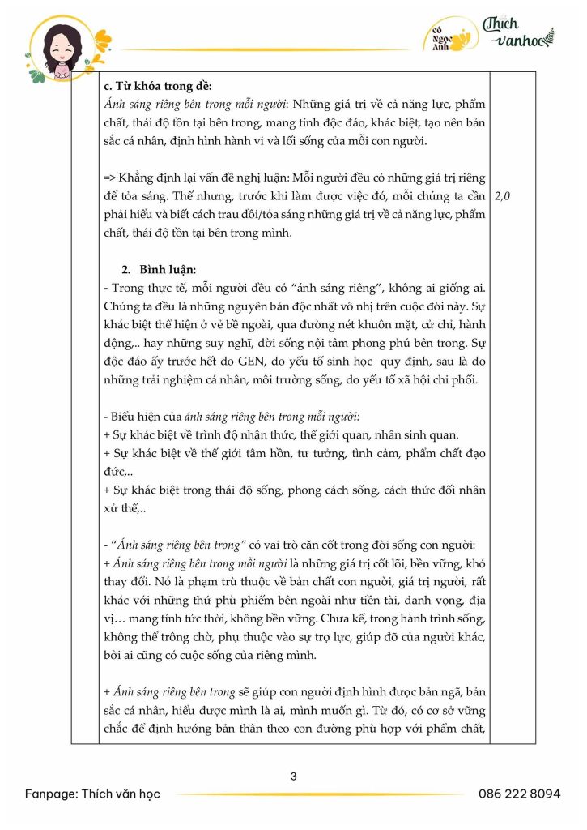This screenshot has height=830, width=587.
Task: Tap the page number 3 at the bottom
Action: click(293, 776)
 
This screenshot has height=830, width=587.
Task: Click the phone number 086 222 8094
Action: click(519, 794)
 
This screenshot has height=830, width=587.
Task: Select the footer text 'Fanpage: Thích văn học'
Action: click(92, 794)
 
